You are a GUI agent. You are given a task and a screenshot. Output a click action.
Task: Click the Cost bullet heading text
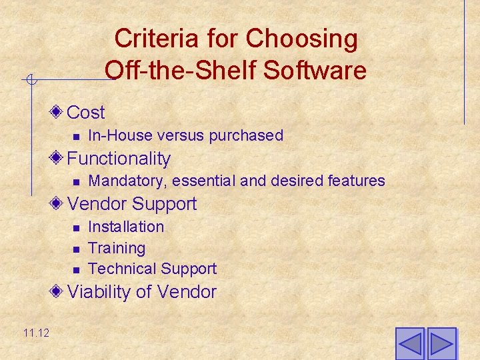86,112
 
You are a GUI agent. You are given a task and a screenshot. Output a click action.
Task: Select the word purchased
246,135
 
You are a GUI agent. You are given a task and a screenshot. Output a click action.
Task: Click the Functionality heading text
119,159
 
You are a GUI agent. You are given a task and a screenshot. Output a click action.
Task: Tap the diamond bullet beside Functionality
59,158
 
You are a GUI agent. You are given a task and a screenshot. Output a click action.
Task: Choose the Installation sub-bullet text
126,227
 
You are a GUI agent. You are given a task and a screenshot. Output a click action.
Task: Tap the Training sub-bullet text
117,248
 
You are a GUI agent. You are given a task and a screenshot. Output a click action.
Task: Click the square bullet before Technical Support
76,270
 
